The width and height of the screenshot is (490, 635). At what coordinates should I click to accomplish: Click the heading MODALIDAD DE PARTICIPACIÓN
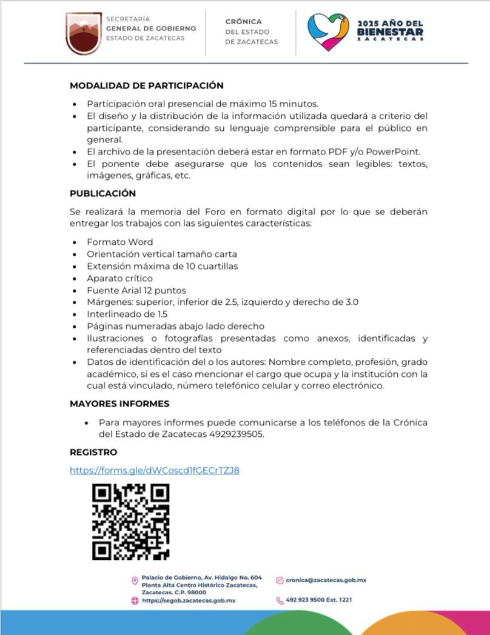tap(146, 86)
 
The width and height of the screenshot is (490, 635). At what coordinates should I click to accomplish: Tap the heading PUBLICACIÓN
tap(102, 194)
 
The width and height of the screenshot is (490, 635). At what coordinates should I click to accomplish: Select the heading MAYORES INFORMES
tap(119, 404)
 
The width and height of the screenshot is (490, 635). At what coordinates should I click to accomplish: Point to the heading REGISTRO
tap(93, 453)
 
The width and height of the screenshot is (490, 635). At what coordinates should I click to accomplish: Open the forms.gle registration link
tap(155, 470)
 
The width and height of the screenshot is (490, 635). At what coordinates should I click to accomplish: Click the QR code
tap(130, 521)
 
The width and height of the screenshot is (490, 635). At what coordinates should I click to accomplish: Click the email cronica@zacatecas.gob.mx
tap(326, 580)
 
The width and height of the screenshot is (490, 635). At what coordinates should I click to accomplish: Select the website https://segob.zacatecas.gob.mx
tap(188, 600)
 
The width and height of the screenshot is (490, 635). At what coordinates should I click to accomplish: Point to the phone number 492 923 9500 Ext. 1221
tap(318, 600)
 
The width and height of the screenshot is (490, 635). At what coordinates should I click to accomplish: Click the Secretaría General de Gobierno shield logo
tap(84, 33)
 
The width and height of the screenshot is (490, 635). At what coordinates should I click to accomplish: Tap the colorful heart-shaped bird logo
tap(328, 32)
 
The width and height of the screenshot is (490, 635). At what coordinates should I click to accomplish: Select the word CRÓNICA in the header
tap(244, 22)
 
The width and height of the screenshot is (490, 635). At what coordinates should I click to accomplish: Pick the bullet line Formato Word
tap(119, 242)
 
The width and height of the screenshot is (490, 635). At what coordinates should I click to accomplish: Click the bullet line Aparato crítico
tap(119, 278)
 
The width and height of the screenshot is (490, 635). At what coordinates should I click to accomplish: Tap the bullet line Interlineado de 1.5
tap(127, 314)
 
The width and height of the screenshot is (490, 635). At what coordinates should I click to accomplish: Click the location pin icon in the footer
tap(135, 581)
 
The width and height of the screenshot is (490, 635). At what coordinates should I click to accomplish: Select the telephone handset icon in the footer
tap(280, 600)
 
